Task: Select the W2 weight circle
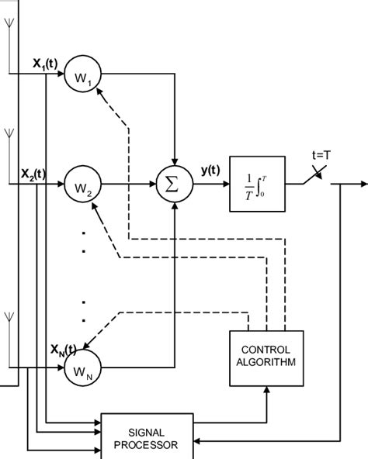(x=83, y=186)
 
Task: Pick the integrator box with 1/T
(x=255, y=186)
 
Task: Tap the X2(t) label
(x=34, y=173)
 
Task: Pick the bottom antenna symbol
(x=8, y=316)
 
